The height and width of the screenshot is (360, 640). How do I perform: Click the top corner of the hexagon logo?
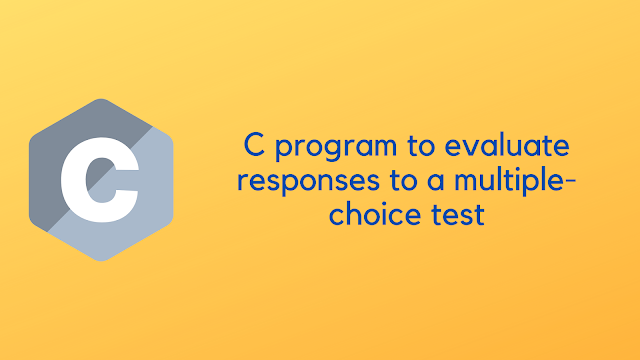tap(100, 100)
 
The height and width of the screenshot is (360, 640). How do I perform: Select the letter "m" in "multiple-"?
tap(446, 182)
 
